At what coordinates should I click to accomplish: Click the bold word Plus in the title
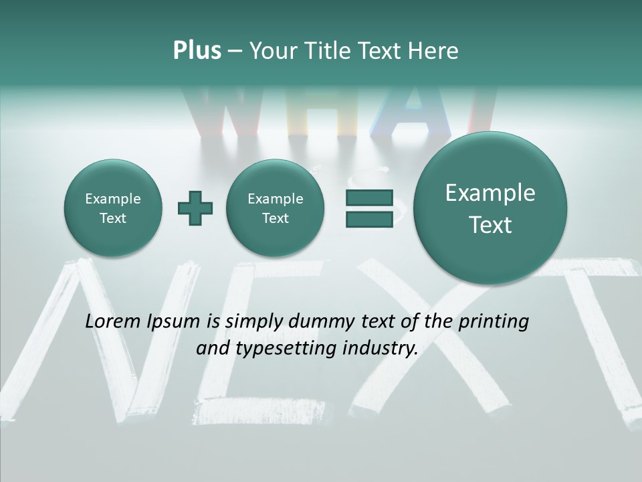coord(197,51)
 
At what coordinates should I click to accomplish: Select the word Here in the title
coord(433,51)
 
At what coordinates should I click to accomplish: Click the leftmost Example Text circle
coord(112,208)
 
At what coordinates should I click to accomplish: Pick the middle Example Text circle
coord(275,208)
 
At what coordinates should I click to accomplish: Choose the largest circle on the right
coord(490,208)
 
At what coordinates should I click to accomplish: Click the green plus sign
coord(195,208)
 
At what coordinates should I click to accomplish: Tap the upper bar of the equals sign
coord(369,197)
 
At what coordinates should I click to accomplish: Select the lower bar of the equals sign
coord(369,220)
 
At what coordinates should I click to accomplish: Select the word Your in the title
coord(273,51)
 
